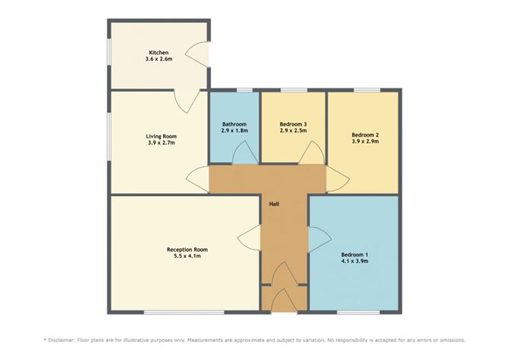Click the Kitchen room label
[x=158, y=53]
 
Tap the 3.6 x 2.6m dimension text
[x=158, y=59]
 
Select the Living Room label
[x=161, y=137]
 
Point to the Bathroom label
[x=235, y=124]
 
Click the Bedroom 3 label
[x=293, y=124]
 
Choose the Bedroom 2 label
[x=365, y=135]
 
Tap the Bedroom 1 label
[x=354, y=255]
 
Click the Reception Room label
[x=187, y=249]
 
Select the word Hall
[x=274, y=204]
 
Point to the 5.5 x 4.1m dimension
[x=187, y=256]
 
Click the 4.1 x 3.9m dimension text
[x=354, y=261]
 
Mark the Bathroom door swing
[x=245, y=153]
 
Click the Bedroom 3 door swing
[x=312, y=153]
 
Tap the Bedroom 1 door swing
[x=319, y=239]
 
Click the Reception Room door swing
[x=249, y=238]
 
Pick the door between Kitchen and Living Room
[x=187, y=101]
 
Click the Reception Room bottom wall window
[x=184, y=313]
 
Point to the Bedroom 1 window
[x=358, y=313]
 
